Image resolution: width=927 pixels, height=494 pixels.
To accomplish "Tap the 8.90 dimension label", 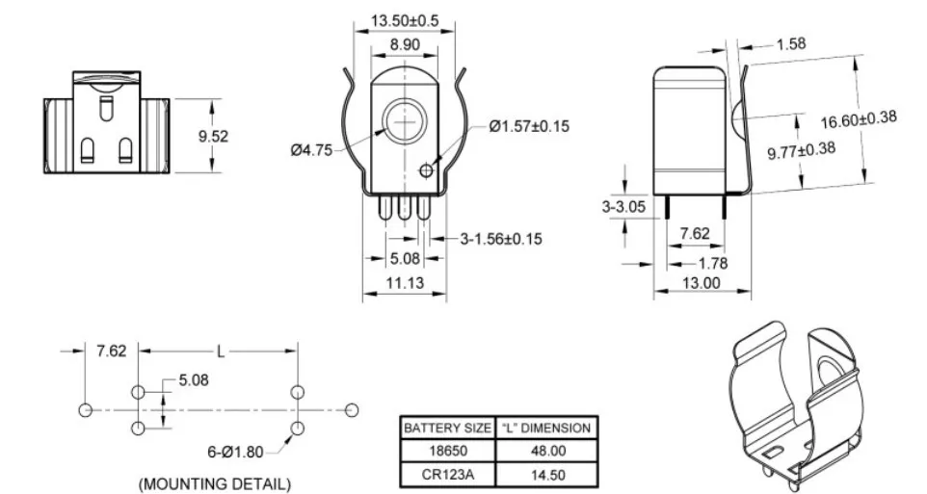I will point(403,44).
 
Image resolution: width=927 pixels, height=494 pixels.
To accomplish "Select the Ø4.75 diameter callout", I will point(311,149).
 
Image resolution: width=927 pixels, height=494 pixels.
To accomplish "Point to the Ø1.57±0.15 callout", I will point(529,126).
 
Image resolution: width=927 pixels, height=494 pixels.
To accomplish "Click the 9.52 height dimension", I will point(213,137).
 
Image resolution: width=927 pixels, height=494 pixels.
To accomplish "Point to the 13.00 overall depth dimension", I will point(701,282).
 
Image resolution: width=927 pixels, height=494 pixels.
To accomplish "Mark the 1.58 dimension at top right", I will point(790,43).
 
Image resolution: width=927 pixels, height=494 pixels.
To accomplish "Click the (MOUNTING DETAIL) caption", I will point(215,482).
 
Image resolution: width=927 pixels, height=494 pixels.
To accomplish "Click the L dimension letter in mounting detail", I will point(220,351).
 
